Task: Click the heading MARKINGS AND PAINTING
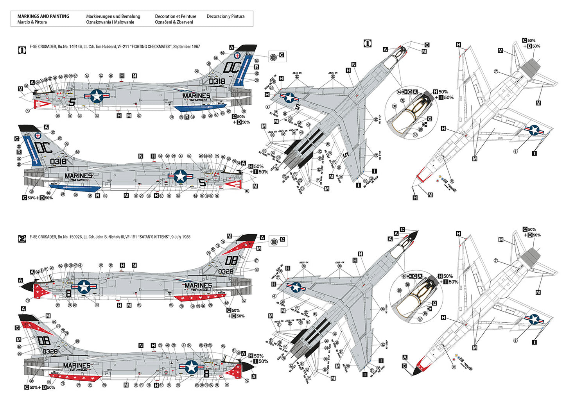click(43, 16)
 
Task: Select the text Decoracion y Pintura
click(225, 16)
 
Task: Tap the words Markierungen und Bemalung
click(113, 16)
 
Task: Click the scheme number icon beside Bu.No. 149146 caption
click(22, 50)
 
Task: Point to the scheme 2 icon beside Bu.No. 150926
click(22, 238)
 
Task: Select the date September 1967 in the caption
click(187, 46)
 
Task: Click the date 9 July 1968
click(181, 237)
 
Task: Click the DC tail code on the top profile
click(231, 68)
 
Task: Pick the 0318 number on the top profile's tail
click(217, 81)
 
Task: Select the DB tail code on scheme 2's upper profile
click(231, 261)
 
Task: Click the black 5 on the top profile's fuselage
click(72, 102)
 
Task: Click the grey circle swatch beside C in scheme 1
click(273, 57)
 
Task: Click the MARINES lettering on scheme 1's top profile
click(196, 96)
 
